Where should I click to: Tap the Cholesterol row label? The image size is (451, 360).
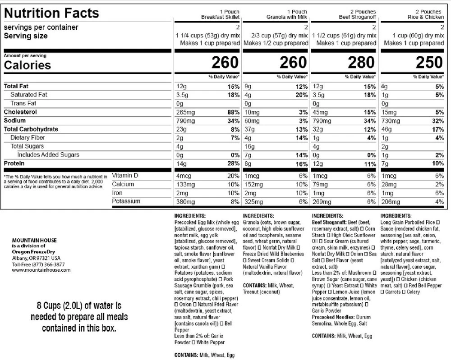pyautogui.click(x=20, y=112)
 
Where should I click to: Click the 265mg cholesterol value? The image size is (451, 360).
pyautogui.click(x=185, y=112)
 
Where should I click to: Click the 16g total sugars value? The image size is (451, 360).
pyautogui.click(x=249, y=146)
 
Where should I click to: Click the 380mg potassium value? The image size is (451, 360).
pyautogui.click(x=185, y=201)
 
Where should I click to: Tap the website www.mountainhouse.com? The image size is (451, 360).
pyautogui.click(x=41, y=270)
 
